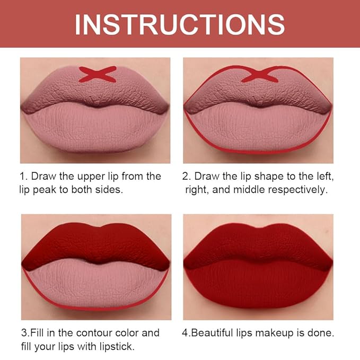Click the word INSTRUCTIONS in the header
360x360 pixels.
pos(180,23)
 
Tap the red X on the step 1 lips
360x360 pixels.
pos(98,74)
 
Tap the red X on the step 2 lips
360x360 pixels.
pos(259,74)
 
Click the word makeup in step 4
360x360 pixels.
pos(278,333)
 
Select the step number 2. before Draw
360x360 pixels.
pos(186,176)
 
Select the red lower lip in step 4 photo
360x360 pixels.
pos(258,286)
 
